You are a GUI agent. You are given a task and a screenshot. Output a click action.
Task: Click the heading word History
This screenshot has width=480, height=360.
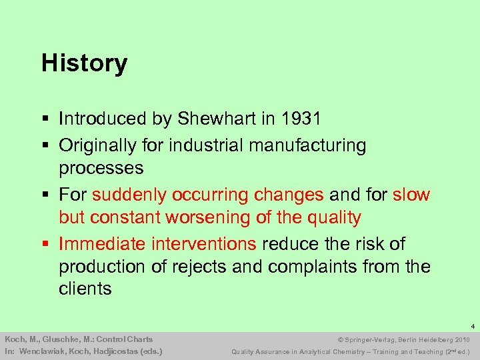84,64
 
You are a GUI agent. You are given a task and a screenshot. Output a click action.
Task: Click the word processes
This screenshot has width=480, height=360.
101,167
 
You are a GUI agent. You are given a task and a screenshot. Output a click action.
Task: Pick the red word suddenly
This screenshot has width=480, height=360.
129,195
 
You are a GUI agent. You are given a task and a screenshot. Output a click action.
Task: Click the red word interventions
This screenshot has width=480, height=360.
205,244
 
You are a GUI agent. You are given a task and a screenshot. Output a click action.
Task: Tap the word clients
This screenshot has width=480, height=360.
85,289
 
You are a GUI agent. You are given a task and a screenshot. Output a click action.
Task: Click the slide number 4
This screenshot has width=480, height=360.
472,327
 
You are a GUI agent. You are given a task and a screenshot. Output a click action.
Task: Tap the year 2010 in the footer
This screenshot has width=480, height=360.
462,339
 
